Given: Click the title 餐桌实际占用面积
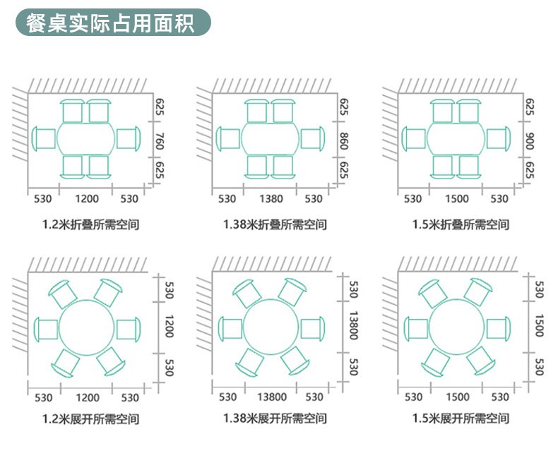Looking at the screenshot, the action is [x=110, y=23].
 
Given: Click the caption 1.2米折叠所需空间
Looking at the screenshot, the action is [x=90, y=224].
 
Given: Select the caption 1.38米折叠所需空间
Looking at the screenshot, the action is [x=275, y=224].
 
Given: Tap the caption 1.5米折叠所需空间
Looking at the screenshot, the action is [x=461, y=224].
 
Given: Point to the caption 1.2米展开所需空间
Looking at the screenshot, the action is [x=90, y=419].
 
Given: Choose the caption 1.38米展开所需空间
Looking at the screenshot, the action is [x=275, y=418].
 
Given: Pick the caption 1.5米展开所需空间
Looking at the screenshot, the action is [x=461, y=418].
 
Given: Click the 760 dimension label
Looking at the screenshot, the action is [x=160, y=141].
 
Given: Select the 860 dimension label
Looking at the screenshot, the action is [x=344, y=141].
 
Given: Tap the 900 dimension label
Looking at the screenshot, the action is [x=530, y=141].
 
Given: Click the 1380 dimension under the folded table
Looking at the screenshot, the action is [x=271, y=199].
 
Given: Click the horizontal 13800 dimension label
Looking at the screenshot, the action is [x=272, y=397].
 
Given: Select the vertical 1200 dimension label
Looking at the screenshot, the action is [x=169, y=326].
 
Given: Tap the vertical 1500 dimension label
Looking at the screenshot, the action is [x=540, y=325].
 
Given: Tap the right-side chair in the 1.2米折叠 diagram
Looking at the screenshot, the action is [x=129, y=138].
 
